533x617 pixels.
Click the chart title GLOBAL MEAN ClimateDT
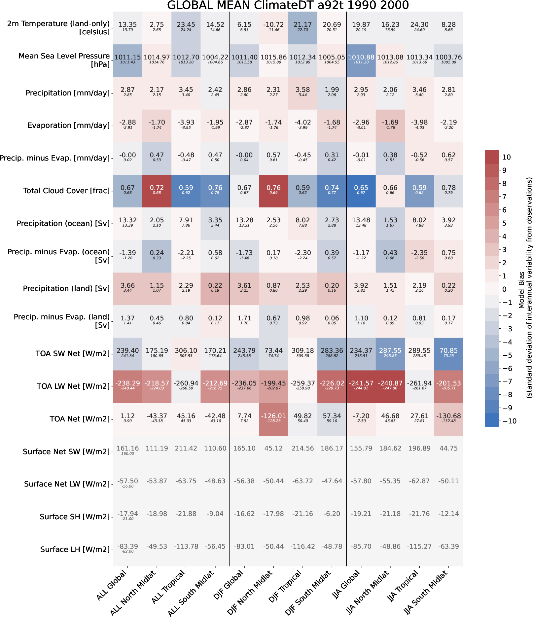288,5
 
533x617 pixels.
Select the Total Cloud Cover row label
66,191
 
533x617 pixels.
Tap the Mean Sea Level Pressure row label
64,60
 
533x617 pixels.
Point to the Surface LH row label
75,549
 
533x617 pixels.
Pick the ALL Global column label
112,585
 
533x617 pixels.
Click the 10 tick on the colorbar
506,157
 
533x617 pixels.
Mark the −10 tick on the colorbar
509,421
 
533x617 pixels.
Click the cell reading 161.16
127,451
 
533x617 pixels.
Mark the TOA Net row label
80,419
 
